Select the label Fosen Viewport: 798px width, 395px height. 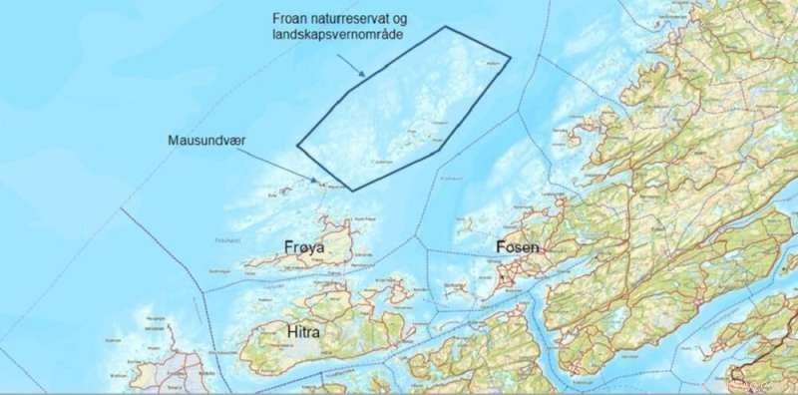click(x=516, y=247)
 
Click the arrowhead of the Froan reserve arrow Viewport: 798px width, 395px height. click(x=366, y=75)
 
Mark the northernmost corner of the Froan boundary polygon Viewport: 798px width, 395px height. click(x=443, y=27)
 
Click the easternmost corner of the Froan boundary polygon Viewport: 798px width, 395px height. click(x=511, y=57)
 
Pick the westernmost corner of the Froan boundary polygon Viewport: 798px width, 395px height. click(x=297, y=149)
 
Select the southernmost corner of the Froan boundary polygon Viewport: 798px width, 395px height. click(x=352, y=190)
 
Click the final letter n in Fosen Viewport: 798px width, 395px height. click(x=536, y=248)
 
